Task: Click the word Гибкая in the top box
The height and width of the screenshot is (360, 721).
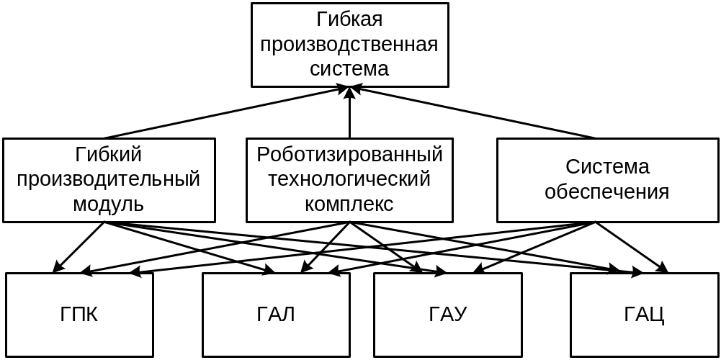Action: point(349,20)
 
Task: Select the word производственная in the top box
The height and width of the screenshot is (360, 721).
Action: point(349,45)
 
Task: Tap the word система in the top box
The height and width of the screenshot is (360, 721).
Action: point(349,69)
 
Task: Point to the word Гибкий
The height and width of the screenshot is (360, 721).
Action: point(108,154)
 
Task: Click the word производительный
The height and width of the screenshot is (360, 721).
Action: point(108,179)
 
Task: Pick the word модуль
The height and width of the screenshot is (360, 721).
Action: point(108,204)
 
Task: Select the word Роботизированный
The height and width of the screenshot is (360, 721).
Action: point(349,154)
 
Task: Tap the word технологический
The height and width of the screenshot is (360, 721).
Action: point(349,179)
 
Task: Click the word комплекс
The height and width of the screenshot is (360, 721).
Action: point(349,204)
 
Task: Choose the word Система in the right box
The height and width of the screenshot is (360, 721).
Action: point(607,167)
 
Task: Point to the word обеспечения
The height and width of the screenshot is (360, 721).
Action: point(607,192)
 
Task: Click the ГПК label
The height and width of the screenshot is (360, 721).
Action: point(79,315)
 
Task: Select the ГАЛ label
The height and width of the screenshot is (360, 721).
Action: point(276,315)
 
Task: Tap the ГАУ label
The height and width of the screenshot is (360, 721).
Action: point(447,315)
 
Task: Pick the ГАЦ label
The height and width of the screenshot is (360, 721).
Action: point(644,315)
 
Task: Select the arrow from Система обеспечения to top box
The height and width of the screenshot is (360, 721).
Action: point(475,113)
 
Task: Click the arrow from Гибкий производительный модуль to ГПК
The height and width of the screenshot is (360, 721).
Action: point(79,247)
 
